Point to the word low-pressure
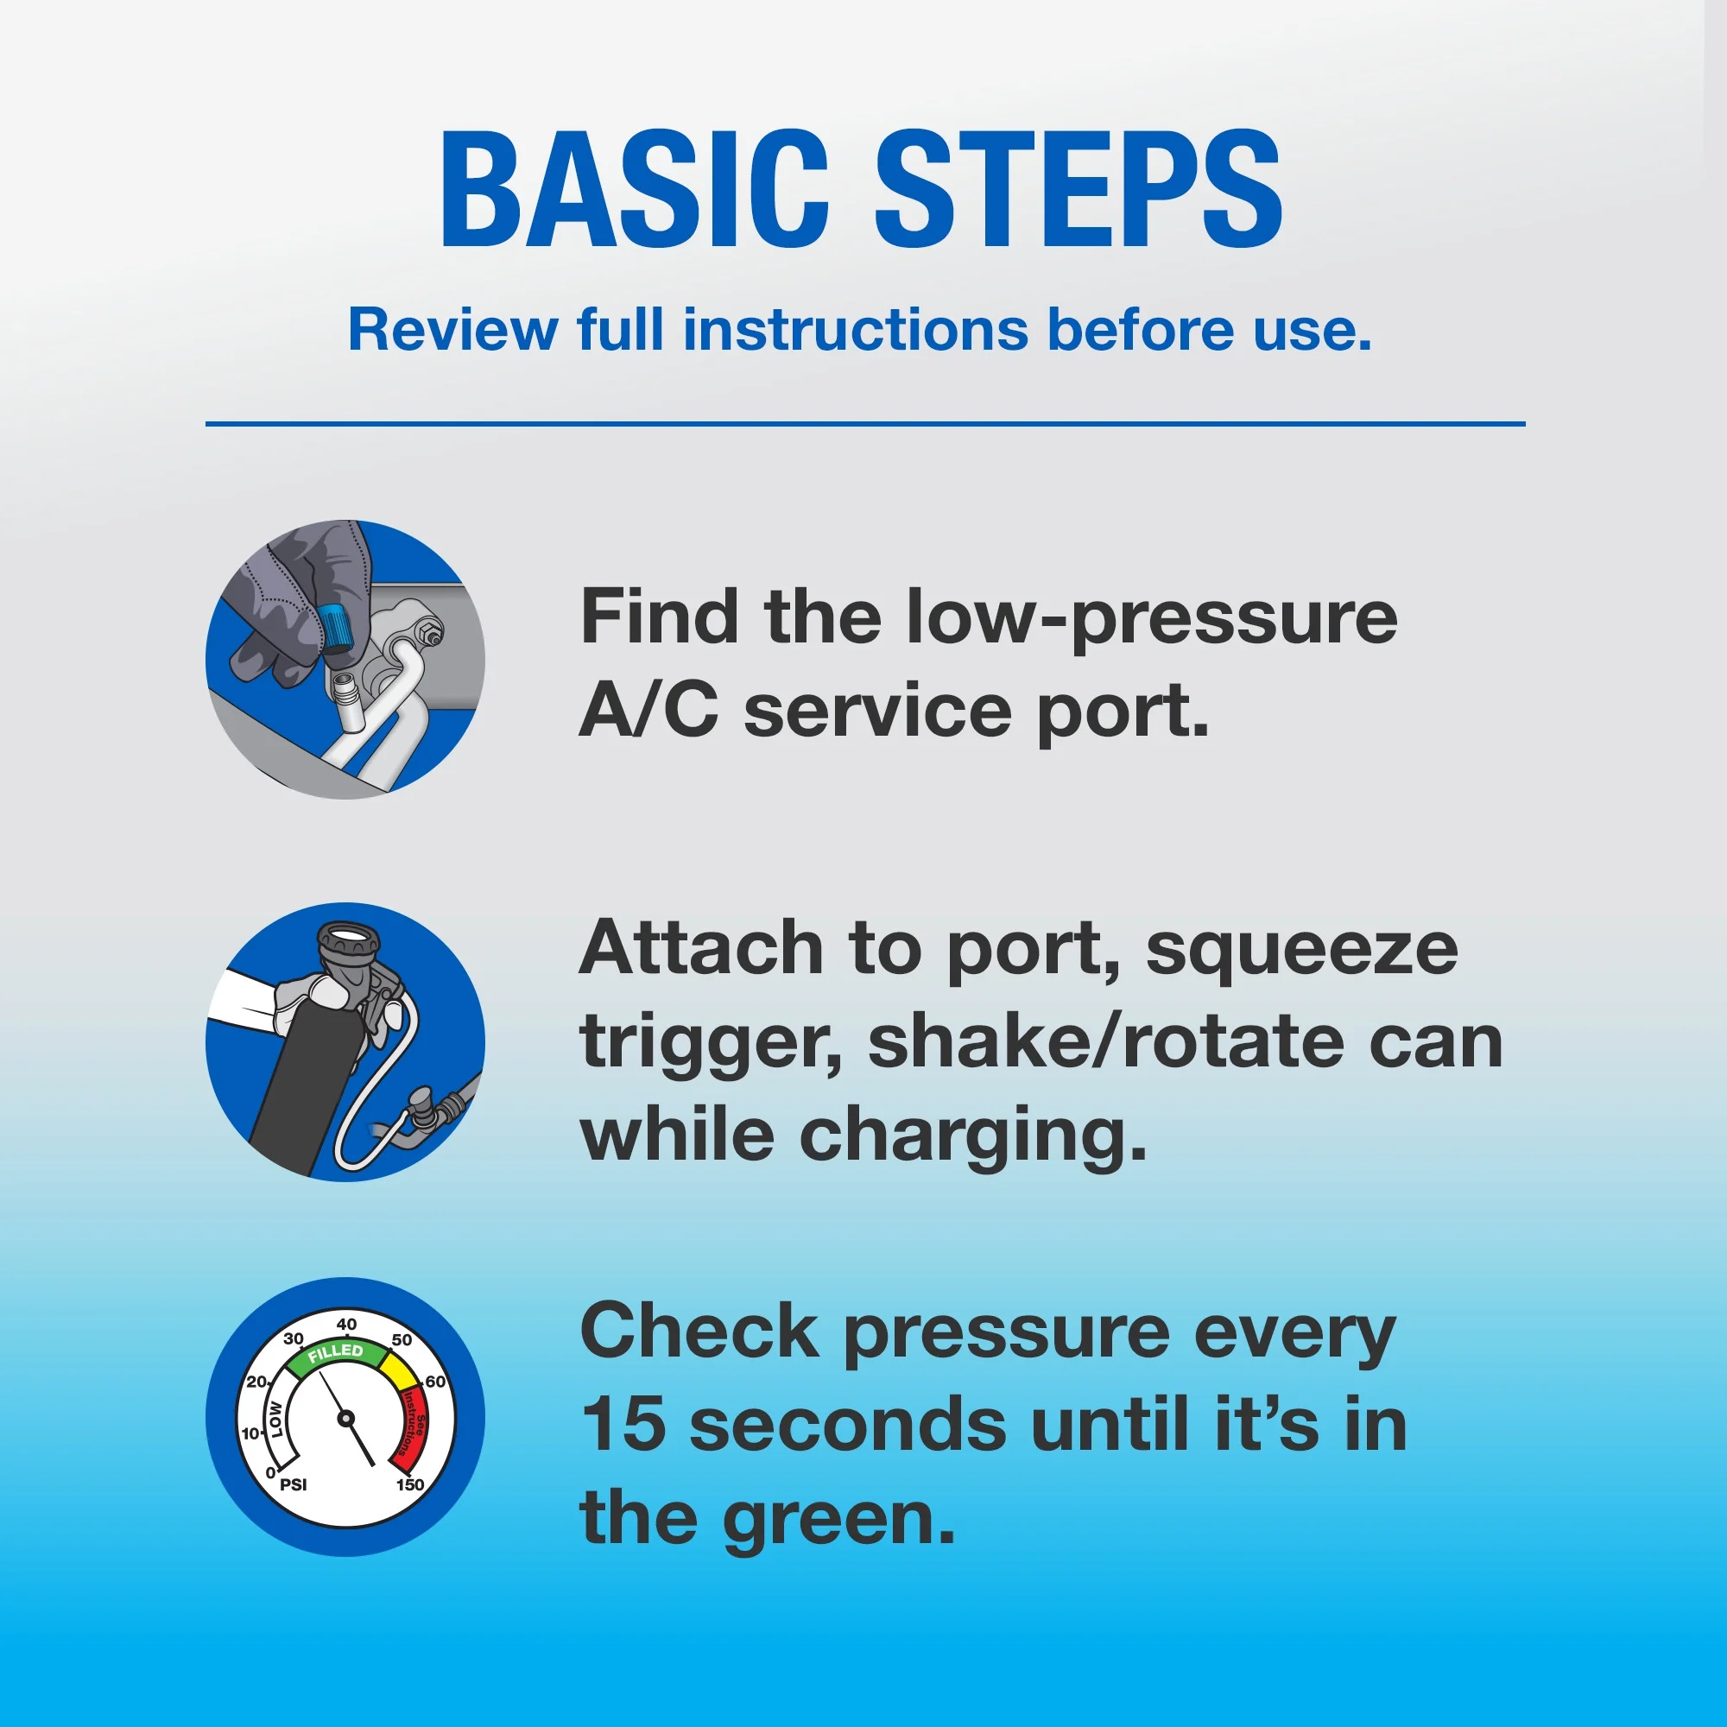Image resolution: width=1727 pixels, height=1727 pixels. [x=1151, y=619]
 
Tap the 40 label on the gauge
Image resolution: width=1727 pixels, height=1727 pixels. [x=347, y=1324]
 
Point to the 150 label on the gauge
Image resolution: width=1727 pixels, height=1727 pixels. [x=410, y=1484]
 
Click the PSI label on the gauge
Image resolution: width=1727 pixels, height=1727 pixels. [x=294, y=1484]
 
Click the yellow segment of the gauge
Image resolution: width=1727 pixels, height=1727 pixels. [x=398, y=1369]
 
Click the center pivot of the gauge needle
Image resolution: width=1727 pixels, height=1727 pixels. [x=346, y=1418]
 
